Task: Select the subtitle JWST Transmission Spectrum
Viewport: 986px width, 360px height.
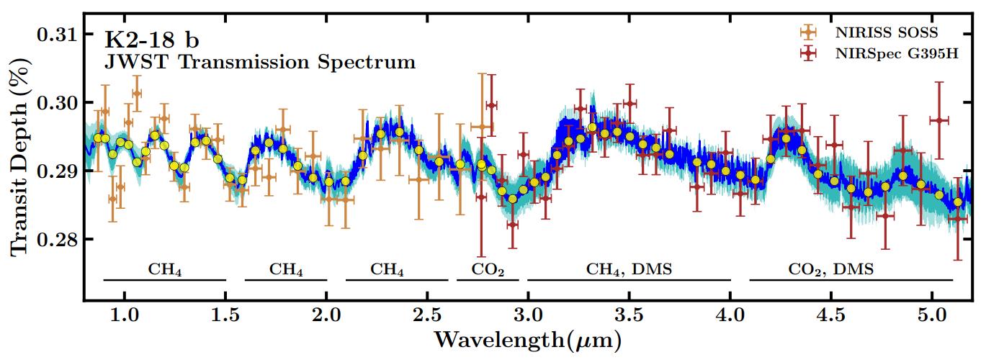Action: click(260, 62)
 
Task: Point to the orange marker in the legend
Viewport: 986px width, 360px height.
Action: click(809, 32)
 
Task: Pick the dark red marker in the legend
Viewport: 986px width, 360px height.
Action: click(809, 54)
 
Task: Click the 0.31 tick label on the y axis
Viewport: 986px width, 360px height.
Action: click(57, 35)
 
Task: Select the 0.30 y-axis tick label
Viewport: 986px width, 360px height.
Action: click(57, 103)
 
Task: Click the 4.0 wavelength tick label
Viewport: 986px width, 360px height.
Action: click(730, 316)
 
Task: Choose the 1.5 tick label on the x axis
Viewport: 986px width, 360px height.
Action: click(225, 316)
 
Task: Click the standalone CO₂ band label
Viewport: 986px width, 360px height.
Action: click(488, 270)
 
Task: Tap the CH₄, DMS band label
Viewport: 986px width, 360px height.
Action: click(629, 270)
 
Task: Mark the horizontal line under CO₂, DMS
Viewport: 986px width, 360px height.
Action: click(851, 279)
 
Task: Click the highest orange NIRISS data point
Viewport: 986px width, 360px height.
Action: click(136, 93)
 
